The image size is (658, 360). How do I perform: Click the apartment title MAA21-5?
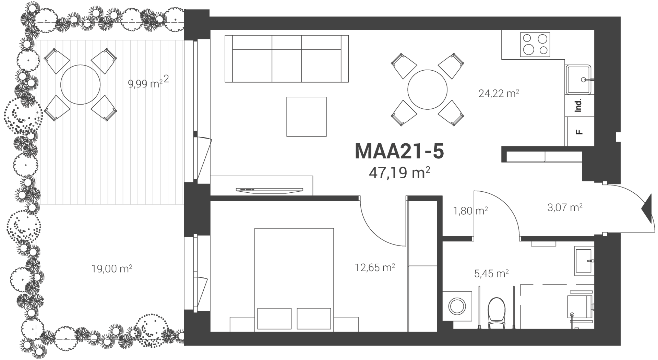tap(399, 151)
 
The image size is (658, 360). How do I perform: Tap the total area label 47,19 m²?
tap(399, 173)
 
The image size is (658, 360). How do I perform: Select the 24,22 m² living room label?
tap(499, 93)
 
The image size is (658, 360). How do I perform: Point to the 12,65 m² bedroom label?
tap(375, 267)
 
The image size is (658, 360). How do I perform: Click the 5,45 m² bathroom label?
tap(491, 274)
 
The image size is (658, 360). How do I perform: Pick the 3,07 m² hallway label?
tap(565, 207)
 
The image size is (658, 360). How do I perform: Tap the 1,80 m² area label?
tap(470, 211)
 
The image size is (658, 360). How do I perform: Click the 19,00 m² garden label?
tap(112, 268)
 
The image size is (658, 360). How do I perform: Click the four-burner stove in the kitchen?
tap(535, 45)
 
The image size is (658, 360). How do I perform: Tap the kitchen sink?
tap(579, 80)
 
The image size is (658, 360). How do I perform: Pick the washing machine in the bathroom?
tap(457, 306)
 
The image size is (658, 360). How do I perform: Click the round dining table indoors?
tap(427, 90)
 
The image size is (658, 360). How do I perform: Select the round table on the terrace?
tap(80, 84)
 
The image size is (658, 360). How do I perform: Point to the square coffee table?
tap(306, 117)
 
